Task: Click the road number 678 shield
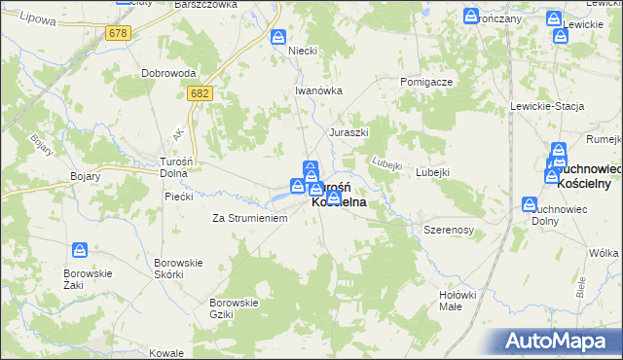(x=119, y=33)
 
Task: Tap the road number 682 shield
(x=201, y=92)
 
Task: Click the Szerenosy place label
(x=448, y=230)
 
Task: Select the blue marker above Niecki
(x=278, y=37)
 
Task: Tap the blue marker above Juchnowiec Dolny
(x=530, y=204)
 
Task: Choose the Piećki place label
(x=178, y=196)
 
